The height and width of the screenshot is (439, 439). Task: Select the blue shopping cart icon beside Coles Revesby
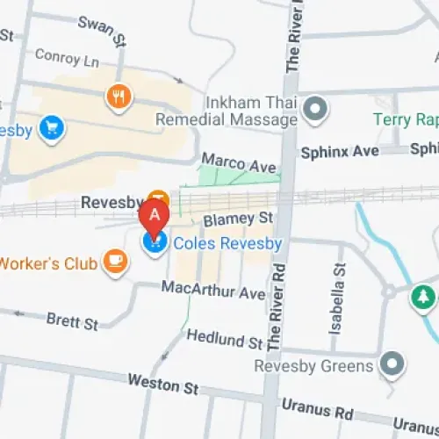coord(155,242)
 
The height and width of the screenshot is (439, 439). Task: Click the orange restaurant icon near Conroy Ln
coord(119,96)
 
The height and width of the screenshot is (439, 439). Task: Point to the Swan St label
coord(102,26)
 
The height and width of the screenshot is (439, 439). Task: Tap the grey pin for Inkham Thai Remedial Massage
coord(314,110)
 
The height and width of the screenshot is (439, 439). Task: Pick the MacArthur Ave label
coord(213,289)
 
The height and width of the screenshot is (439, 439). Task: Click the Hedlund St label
coord(225,338)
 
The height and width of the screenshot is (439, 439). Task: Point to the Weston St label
coord(163,383)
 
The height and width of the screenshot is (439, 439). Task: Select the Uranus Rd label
coord(317,409)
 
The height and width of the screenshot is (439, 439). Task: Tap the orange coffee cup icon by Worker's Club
coord(115,260)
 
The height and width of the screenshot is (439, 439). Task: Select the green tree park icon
coord(424,297)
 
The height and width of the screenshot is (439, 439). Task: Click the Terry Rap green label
coord(405,119)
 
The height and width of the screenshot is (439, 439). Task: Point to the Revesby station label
coord(112,202)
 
